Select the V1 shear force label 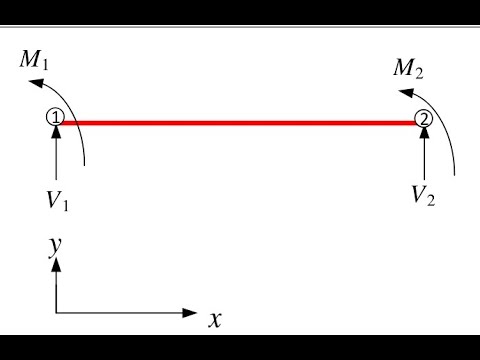(56, 199)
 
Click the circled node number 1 (55, 118)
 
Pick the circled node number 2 (424, 119)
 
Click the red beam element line (240, 123)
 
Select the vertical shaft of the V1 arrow (55, 155)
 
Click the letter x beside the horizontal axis (214, 320)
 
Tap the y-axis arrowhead (56, 265)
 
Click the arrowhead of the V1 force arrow (55, 132)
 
